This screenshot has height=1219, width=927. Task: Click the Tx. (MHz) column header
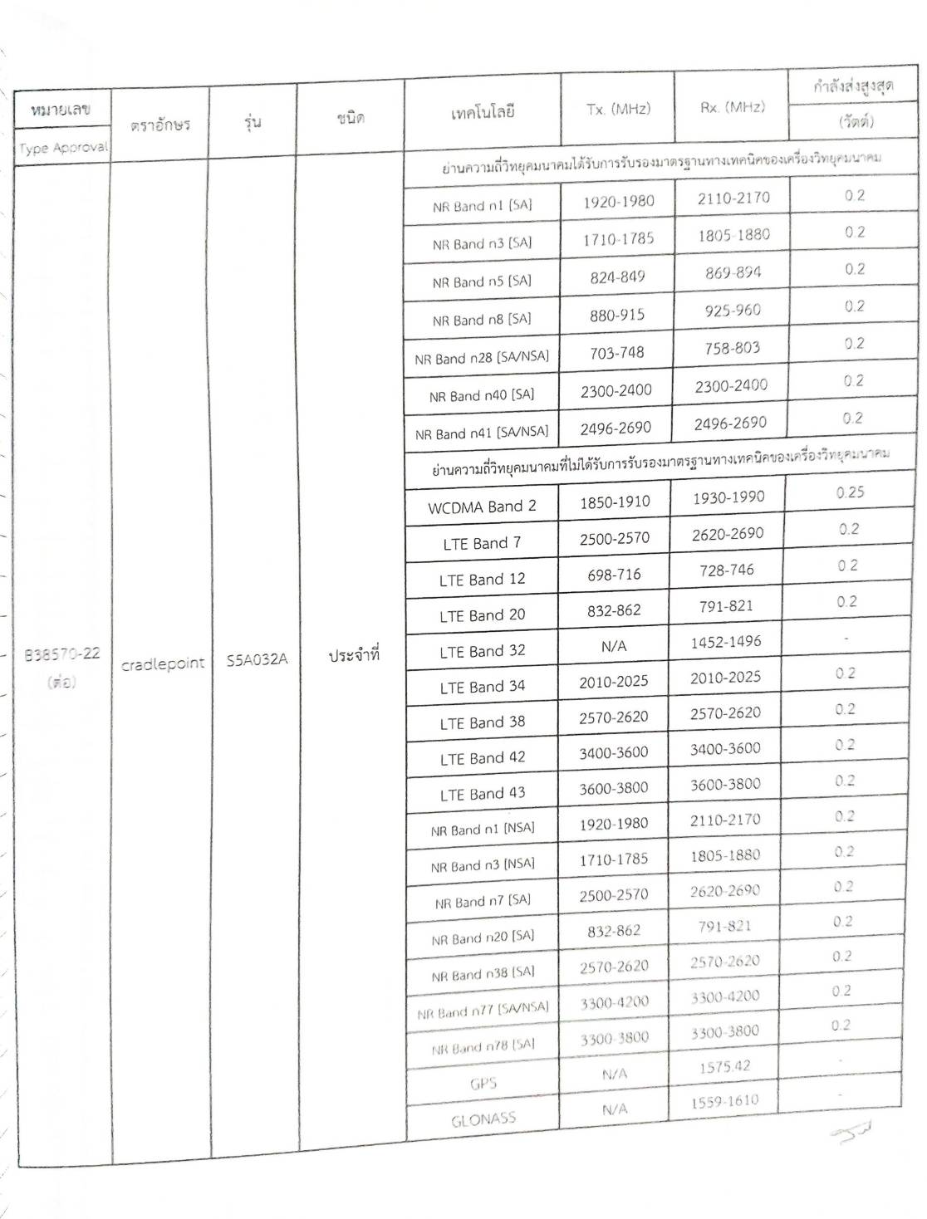coord(618,109)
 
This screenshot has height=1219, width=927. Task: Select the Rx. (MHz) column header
coord(732,106)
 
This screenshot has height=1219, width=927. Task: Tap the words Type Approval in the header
coord(63,148)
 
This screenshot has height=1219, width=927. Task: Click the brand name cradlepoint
coord(162,663)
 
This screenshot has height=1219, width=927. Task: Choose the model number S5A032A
coord(257,661)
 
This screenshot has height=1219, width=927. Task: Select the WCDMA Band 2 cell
coord(482,507)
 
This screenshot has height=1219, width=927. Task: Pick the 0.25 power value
coord(850,492)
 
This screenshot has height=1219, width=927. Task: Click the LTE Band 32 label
coord(483,651)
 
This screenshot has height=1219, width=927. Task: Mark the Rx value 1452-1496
coord(725,642)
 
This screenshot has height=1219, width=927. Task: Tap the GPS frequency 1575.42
coord(724,1067)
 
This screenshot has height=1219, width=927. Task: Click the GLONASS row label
coord(483,1119)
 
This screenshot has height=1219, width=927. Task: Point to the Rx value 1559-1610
coord(724,1102)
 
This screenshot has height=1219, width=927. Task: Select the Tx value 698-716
coord(615,574)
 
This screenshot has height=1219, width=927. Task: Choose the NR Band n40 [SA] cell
coord(482,396)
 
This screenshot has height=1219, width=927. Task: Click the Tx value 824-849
coord(617,277)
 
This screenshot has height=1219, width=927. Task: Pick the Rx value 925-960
coord(732,311)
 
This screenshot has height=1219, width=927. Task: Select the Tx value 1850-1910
coord(616,502)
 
